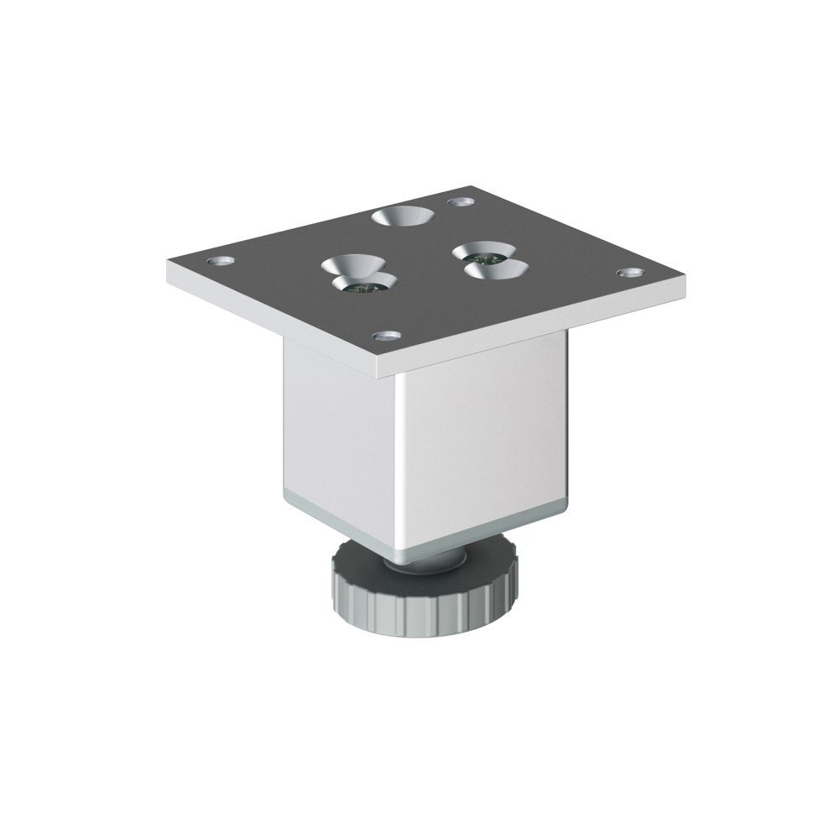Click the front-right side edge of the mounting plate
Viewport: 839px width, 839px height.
[x=545, y=323]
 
